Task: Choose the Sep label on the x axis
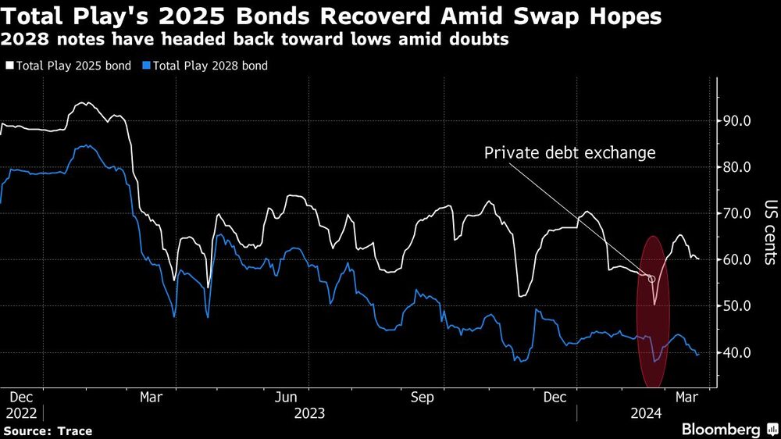pyautogui.click(x=422, y=396)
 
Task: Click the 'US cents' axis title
pyautogui.click(x=769, y=235)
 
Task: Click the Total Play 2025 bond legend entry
pyautogui.click(x=70, y=66)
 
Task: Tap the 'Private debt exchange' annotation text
pyautogui.click(x=569, y=153)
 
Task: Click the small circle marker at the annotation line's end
pyautogui.click(x=652, y=278)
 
